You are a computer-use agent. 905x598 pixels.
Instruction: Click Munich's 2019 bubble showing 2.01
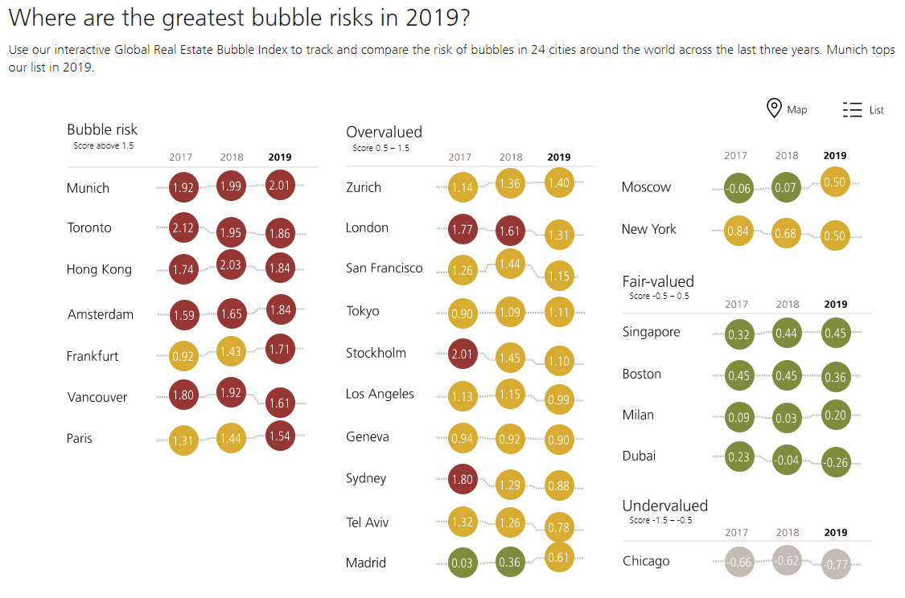pyautogui.click(x=279, y=186)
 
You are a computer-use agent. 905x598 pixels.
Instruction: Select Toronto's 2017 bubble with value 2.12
pyautogui.click(x=183, y=227)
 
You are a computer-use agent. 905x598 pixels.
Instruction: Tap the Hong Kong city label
pyautogui.click(x=99, y=269)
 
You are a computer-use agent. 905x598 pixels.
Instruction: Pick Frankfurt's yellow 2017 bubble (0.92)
pyautogui.click(x=183, y=356)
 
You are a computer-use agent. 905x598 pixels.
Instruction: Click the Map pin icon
pyautogui.click(x=774, y=109)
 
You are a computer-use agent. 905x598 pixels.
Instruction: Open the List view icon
pyautogui.click(x=852, y=110)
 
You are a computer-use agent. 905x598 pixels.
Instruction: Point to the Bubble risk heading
pyautogui.click(x=102, y=129)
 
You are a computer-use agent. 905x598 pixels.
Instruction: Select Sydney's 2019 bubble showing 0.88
pyautogui.click(x=558, y=485)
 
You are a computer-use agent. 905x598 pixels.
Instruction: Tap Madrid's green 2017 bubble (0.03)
pyautogui.click(x=463, y=563)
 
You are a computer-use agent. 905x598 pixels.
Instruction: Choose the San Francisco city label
pyautogui.click(x=384, y=268)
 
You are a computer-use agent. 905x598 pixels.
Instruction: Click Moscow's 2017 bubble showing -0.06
pyautogui.click(x=738, y=189)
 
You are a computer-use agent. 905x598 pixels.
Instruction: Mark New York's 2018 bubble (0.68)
pyautogui.click(x=787, y=234)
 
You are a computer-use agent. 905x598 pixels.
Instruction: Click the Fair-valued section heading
pyautogui.click(x=658, y=281)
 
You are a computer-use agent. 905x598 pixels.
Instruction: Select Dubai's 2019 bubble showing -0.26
pyautogui.click(x=836, y=462)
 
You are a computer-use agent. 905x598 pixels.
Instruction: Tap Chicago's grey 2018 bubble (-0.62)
pyautogui.click(x=788, y=560)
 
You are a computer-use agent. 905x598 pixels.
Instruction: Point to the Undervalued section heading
pyautogui.click(x=664, y=506)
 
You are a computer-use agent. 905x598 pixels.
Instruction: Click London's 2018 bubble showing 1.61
pyautogui.click(x=511, y=229)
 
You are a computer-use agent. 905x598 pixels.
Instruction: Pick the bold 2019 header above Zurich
pyautogui.click(x=558, y=158)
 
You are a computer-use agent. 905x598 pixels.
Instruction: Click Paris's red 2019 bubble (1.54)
pyautogui.click(x=279, y=436)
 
